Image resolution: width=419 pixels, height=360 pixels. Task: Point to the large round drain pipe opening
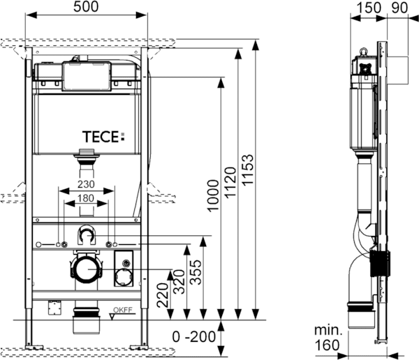pyautogui.click(x=87, y=269)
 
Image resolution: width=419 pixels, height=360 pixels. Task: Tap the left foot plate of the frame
pyautogui.click(x=29, y=345)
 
